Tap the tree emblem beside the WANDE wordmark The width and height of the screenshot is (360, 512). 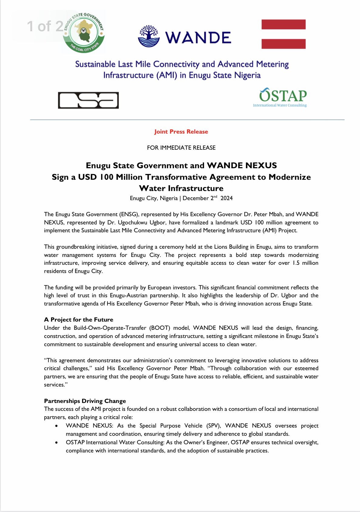click(149, 36)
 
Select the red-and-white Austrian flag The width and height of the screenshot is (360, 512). click(283, 34)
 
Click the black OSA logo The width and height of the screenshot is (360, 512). click(88, 100)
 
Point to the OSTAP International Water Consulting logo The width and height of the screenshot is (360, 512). click(280, 97)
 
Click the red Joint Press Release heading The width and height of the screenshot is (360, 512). click(181, 132)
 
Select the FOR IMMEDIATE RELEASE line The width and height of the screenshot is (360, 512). click(181, 148)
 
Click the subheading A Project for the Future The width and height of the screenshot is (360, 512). click(79, 319)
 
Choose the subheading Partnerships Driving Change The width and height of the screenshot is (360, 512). click(85, 401)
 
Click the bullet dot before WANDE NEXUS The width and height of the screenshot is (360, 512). click(57, 426)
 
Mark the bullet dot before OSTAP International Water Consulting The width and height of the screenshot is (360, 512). click(57, 442)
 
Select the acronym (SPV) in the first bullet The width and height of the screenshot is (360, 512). click(213, 426)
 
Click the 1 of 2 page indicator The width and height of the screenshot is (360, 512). click(46, 26)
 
